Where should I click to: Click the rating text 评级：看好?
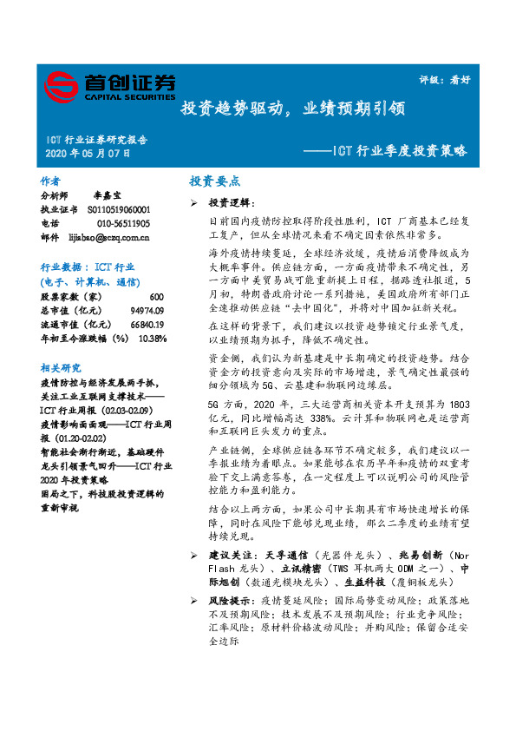coord(451,78)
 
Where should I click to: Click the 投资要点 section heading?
coord(214,181)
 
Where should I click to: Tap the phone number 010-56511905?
coord(118,223)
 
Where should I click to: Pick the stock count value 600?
coord(157,297)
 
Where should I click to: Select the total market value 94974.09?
coord(147,311)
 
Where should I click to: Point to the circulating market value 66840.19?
coord(147,325)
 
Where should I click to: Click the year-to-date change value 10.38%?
coord(153,339)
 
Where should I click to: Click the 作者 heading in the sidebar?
coord(50,181)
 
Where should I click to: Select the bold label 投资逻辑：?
coord(231,202)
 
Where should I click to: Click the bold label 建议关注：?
coord(231,555)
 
